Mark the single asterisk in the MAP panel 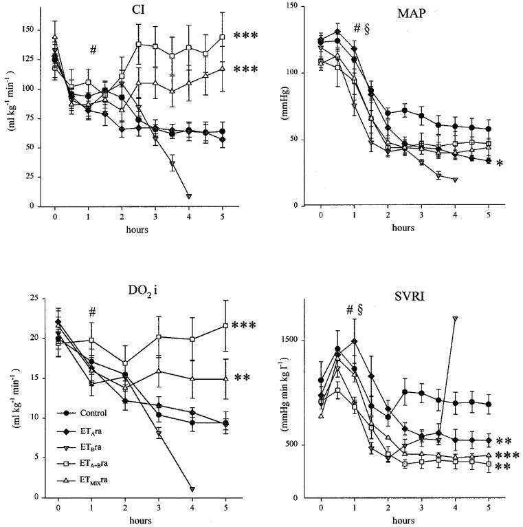click(x=500, y=164)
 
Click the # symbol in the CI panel click(x=91, y=50)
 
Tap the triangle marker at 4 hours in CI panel click(x=189, y=196)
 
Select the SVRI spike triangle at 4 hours click(x=455, y=319)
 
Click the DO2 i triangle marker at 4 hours click(x=192, y=489)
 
